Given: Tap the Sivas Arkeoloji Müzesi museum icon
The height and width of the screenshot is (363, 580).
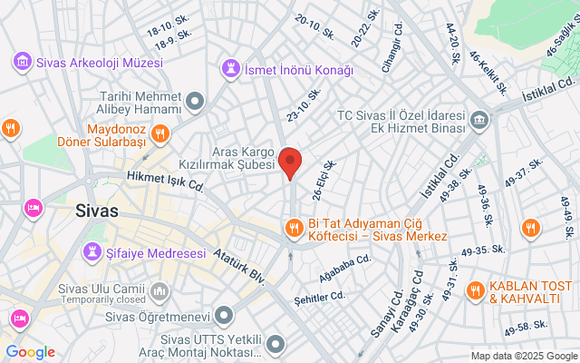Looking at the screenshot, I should [21, 63].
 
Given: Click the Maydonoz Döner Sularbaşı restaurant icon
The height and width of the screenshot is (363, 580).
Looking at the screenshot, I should [159, 135].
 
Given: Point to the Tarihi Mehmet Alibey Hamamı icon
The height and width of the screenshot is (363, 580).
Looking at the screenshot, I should [195, 103].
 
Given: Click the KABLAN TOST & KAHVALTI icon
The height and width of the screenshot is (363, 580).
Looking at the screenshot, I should [474, 291].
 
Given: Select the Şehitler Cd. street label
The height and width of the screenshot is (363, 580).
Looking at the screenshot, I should [320, 296].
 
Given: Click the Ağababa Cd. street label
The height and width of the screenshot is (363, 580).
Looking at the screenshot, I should [346, 261].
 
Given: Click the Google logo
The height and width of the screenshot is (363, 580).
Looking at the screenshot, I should [30, 352].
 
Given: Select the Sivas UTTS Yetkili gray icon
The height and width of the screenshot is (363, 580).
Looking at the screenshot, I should [276, 344].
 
